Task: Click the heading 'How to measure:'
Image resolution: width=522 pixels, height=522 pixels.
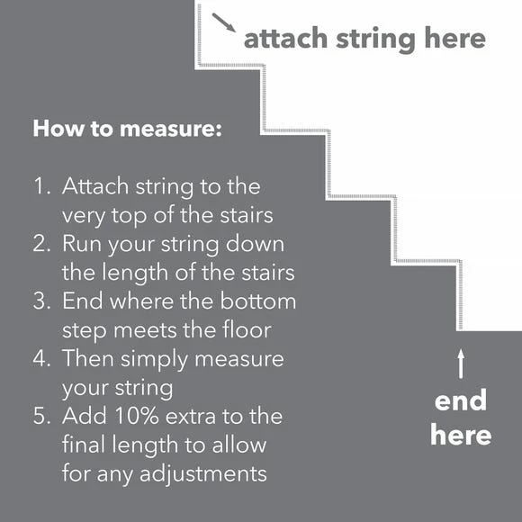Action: [x=127, y=128]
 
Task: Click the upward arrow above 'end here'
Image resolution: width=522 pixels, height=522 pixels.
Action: [x=461, y=363]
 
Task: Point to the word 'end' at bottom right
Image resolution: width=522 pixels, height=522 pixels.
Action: [x=460, y=400]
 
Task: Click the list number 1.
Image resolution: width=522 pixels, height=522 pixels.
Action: [x=41, y=187]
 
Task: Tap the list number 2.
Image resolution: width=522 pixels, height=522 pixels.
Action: [x=41, y=244]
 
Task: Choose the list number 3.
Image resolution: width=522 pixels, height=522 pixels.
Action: [x=41, y=301]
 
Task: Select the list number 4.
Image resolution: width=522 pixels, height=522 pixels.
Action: [x=41, y=359]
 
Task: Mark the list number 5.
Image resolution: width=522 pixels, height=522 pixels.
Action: [x=41, y=417]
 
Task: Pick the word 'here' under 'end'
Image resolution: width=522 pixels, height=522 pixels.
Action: [x=460, y=436]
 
